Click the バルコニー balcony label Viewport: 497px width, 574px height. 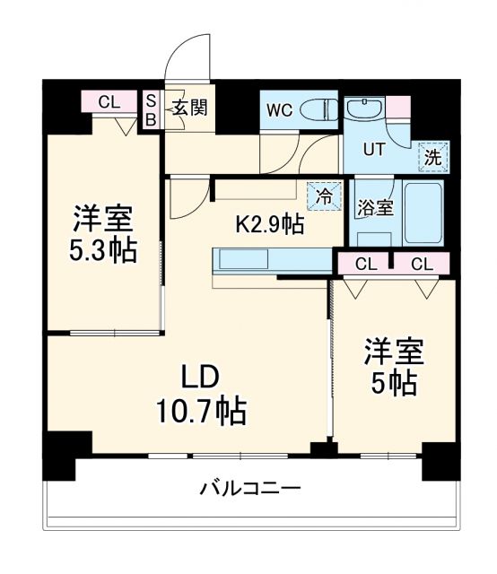click(249, 489)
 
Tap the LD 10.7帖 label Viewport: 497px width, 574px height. click(203, 395)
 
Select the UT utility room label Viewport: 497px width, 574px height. click(373, 150)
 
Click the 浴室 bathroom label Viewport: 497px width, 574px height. click(374, 208)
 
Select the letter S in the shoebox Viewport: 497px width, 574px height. click(151, 100)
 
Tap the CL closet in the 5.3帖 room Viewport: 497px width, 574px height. click(109, 102)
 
